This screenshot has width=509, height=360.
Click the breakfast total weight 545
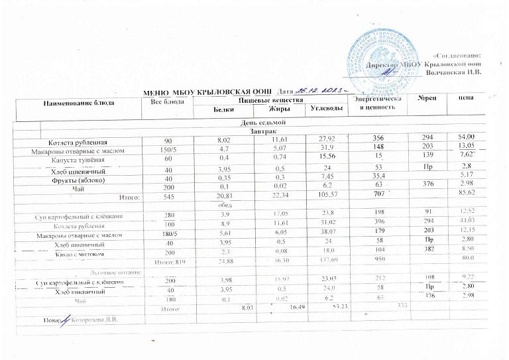168,197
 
